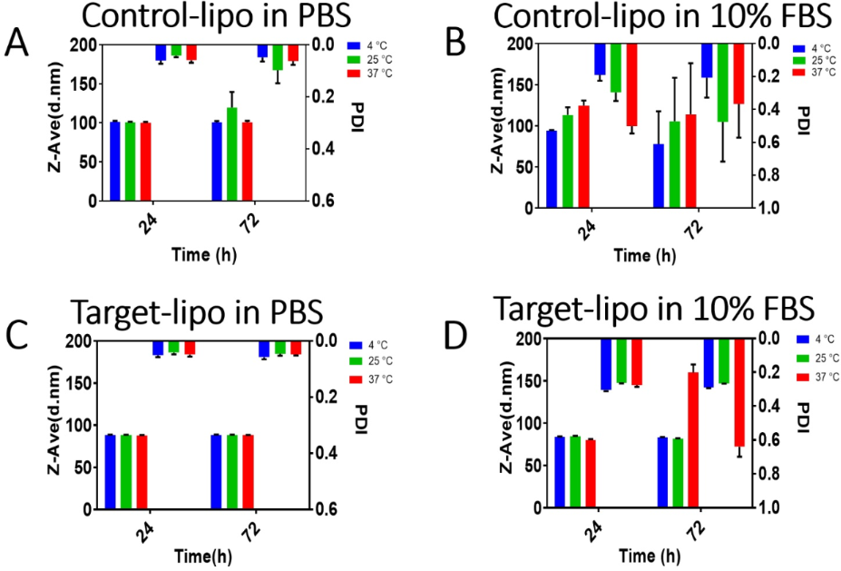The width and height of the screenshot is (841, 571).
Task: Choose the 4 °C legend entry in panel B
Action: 813,47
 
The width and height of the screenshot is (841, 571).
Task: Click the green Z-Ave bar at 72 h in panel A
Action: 232,154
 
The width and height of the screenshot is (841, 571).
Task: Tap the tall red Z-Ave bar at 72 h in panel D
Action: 693,438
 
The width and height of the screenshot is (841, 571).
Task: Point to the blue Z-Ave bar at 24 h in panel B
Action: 551,170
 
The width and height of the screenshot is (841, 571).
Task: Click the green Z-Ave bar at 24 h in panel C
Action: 126,472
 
